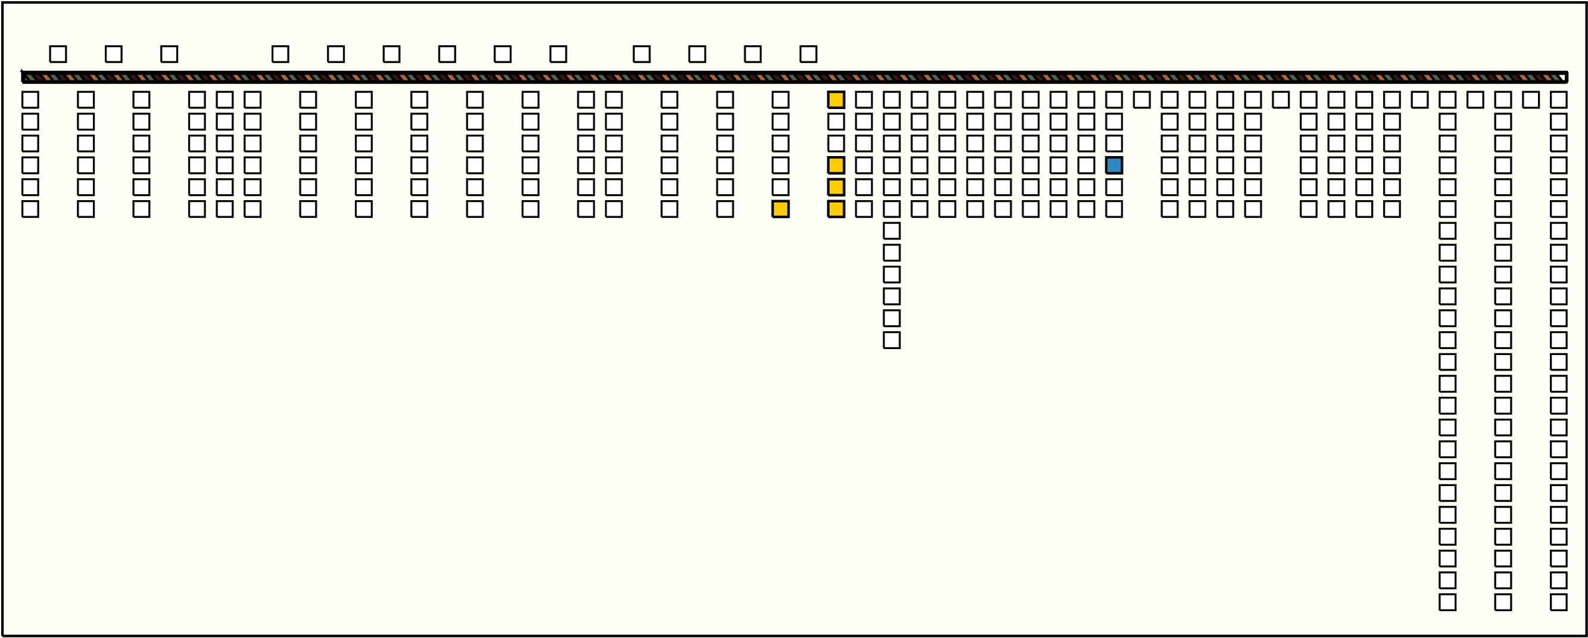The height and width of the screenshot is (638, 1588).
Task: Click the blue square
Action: coord(1114,165)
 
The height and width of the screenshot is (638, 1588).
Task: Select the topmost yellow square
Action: coord(836,100)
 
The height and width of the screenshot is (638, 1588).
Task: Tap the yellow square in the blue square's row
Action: coord(836,165)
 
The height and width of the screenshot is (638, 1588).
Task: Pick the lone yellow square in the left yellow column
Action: coord(780,209)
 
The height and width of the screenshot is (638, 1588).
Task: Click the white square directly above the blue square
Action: coord(1114,144)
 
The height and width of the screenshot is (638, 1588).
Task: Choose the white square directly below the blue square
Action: coord(1114,188)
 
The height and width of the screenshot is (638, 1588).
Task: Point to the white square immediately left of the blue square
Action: coord(1086,165)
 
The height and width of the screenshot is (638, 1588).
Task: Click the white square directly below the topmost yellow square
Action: coord(836,122)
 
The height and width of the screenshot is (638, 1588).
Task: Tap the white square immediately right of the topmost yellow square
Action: coord(864,100)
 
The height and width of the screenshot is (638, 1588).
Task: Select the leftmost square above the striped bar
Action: coord(58,54)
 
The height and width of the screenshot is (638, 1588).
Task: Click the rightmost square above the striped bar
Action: coord(808,54)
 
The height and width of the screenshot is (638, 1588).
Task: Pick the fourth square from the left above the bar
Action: coord(281,54)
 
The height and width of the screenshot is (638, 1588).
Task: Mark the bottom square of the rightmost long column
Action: coord(1558,602)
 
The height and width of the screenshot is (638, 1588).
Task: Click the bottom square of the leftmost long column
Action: coord(1447,602)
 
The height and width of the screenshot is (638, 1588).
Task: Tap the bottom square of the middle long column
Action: coord(1503,602)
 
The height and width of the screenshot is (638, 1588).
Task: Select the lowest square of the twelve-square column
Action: coord(892,340)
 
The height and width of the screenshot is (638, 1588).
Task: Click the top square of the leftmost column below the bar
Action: coord(30,100)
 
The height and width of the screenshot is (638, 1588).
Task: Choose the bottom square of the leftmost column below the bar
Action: coord(30,209)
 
